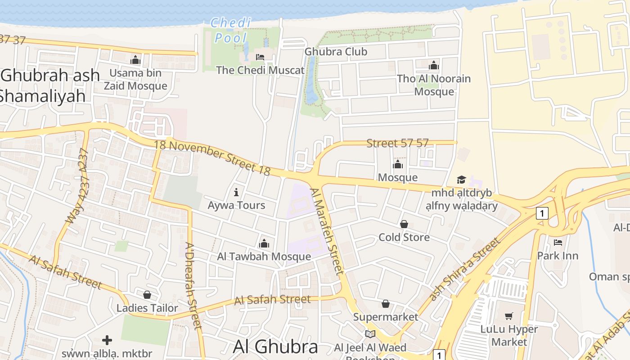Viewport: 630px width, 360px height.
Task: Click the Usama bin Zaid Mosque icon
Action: (135, 60)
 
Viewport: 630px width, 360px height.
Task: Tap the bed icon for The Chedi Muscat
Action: (260, 57)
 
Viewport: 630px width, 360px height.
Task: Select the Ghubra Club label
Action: (336, 51)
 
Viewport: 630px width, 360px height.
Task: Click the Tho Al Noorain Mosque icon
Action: (434, 66)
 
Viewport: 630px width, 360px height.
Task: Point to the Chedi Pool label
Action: (231, 30)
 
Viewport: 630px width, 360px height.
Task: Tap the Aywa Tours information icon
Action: (236, 193)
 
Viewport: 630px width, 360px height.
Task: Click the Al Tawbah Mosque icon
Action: (264, 243)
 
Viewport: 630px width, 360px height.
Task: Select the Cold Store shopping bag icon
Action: (404, 224)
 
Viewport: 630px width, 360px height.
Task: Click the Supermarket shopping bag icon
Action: (386, 304)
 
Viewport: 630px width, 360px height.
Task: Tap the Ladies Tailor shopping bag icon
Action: (147, 295)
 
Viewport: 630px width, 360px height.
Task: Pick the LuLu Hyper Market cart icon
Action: (509, 316)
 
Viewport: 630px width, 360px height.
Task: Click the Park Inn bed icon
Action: (558, 243)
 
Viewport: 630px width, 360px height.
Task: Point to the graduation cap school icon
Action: (461, 180)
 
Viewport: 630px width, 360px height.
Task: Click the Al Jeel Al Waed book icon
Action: (370, 334)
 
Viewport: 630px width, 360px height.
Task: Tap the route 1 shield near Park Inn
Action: (542, 213)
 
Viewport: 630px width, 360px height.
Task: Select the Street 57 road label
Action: (397, 144)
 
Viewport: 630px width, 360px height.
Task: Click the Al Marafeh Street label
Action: (328, 231)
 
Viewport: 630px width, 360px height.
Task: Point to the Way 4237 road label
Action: (77, 186)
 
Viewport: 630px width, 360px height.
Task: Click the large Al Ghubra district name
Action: (275, 346)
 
